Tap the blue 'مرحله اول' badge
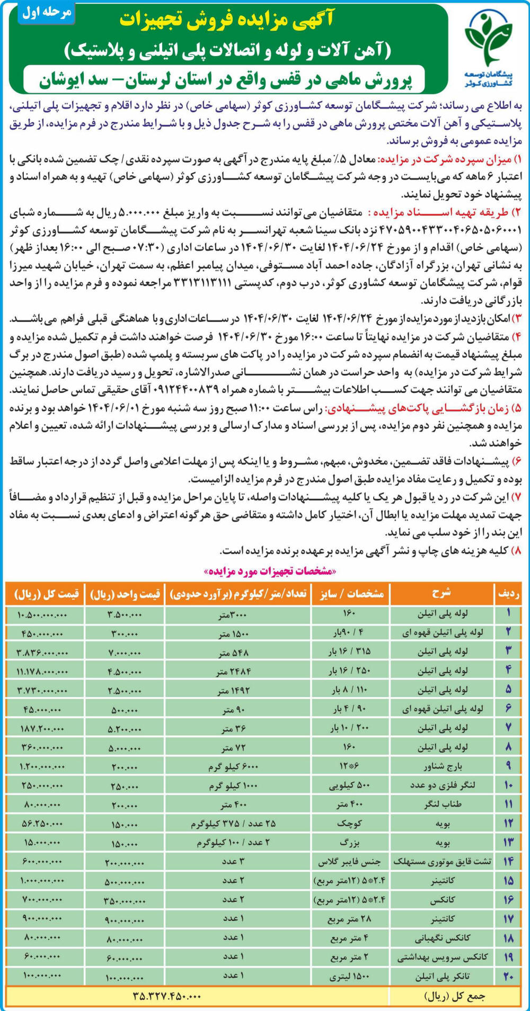point(47,13)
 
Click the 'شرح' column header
point(441,594)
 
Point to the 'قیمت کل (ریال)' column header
point(47,594)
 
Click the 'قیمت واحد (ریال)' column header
point(125,594)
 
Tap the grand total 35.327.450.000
point(167,996)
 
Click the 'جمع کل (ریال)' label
point(455,996)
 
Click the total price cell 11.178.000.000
point(42,671)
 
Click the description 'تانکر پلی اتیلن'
point(443,976)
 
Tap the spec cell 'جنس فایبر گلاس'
point(349,862)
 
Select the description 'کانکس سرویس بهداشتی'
point(443,957)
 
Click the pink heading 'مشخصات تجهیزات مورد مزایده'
point(270,571)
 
